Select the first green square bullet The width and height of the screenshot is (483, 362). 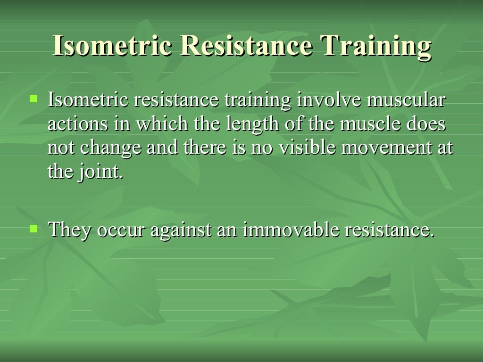click(x=33, y=99)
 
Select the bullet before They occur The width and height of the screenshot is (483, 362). click(x=33, y=229)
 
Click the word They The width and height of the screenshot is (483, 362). click(x=69, y=230)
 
